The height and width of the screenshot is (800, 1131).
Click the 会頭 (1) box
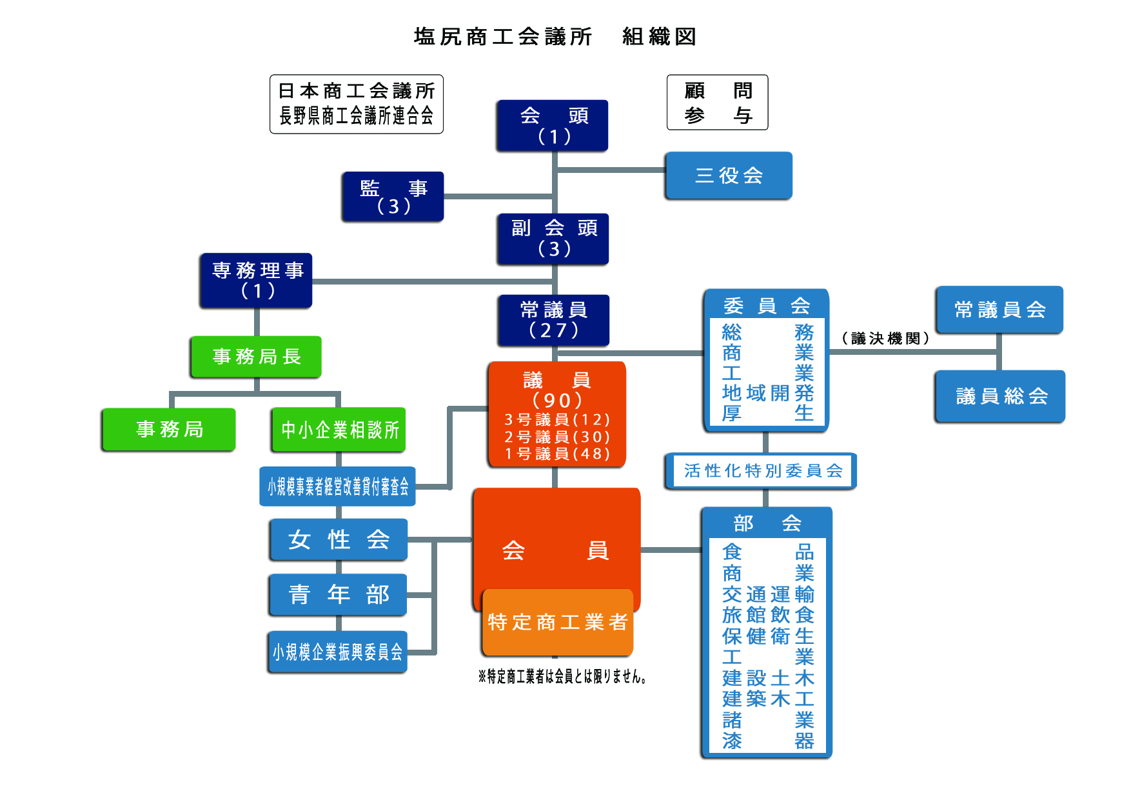coord(552,126)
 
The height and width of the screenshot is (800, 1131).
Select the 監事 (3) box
coord(393,197)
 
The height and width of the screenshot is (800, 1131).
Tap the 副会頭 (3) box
coord(553,239)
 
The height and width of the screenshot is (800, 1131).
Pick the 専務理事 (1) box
coord(256,280)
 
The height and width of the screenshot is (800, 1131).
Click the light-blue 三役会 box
coord(729,175)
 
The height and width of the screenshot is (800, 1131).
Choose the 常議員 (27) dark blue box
coord(553,320)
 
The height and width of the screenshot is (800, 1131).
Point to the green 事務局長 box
coord(256,356)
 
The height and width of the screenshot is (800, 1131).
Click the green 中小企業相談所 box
coord(339,430)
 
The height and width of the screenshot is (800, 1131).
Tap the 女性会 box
coord(339,539)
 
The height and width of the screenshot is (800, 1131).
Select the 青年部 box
coord(339,594)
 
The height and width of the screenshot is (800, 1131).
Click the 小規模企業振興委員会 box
coord(337,652)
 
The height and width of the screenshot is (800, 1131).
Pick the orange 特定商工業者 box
coord(558,622)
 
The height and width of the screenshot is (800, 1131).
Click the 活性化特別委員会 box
coord(762,471)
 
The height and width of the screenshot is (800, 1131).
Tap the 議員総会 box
coord(1000,396)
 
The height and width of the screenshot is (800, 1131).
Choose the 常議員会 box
coord(999,310)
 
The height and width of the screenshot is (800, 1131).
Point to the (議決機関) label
coord(885,338)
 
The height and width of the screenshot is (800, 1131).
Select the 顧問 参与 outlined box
coord(717,103)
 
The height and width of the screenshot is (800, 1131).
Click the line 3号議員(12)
coord(556,419)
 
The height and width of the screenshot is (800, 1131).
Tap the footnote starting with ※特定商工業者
coord(562,676)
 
